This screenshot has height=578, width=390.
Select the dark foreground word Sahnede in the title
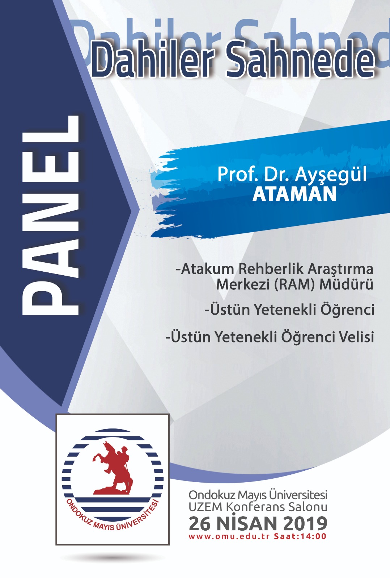point(301,60)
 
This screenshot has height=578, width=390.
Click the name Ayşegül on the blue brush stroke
point(331,175)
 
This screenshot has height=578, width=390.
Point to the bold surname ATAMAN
point(294,194)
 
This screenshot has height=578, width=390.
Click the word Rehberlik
point(271,269)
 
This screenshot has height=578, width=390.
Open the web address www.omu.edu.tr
point(229,537)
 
